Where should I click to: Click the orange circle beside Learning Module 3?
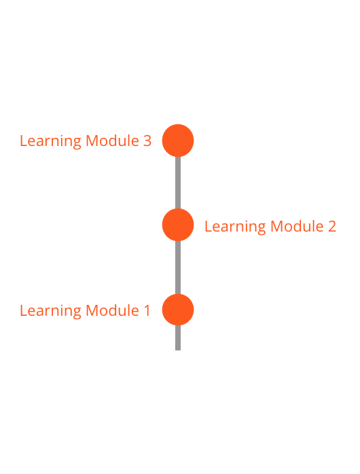pyautogui.click(x=178, y=141)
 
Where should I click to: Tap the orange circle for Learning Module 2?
pyautogui.click(x=178, y=225)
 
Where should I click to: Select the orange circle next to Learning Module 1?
pyautogui.click(x=178, y=310)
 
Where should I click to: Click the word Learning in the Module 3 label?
pyautogui.click(x=50, y=141)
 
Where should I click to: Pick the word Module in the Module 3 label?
pyautogui.click(x=112, y=141)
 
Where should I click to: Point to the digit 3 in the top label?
pyautogui.click(x=147, y=141)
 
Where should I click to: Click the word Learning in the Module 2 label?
pyautogui.click(x=235, y=227)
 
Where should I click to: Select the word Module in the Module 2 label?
pyautogui.click(x=297, y=226)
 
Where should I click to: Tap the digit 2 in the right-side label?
pyautogui.click(x=332, y=226)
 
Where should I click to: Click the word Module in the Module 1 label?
pyautogui.click(x=112, y=310)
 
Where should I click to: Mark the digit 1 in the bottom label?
pyautogui.click(x=147, y=311)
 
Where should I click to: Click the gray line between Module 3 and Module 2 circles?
pyautogui.click(x=178, y=183)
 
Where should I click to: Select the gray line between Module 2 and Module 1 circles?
pyautogui.click(x=178, y=268)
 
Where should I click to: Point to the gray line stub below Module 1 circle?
pyautogui.click(x=178, y=338)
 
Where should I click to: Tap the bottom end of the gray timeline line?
pyautogui.click(x=178, y=350)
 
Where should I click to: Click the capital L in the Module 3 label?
pyautogui.click(x=24, y=141)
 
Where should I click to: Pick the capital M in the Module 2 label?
pyautogui.click(x=277, y=226)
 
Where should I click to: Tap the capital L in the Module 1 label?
pyautogui.click(x=24, y=311)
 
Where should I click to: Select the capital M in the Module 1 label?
pyautogui.click(x=92, y=311)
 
